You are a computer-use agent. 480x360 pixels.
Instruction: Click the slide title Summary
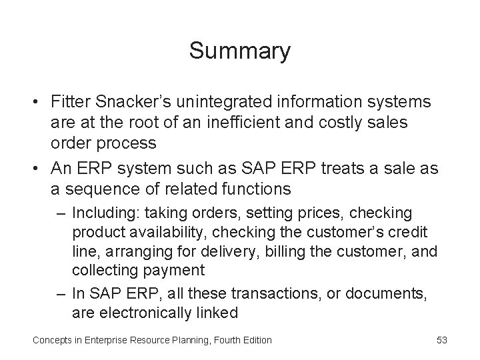(x=239, y=51)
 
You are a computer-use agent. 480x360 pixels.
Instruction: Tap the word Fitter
(x=72, y=102)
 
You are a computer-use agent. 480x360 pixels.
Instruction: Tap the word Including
(x=99, y=213)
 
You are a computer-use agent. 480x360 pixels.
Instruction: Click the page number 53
(x=441, y=340)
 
